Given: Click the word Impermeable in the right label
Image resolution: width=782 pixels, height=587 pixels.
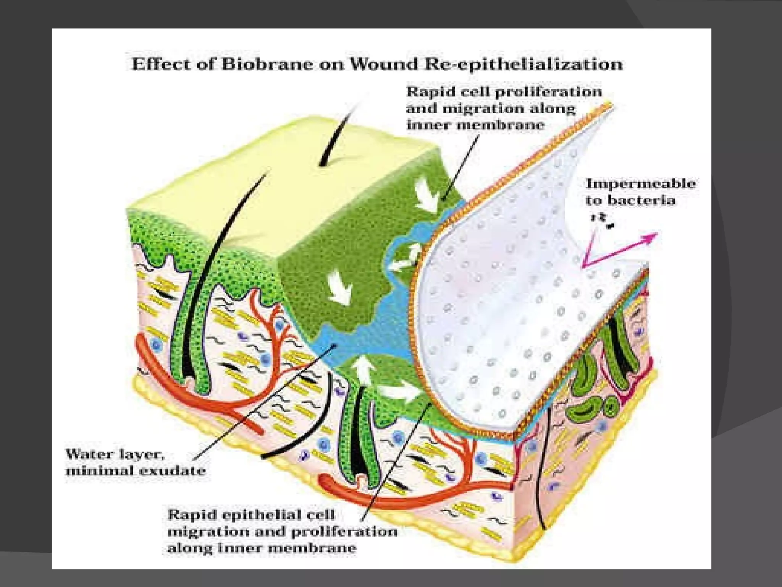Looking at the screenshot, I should pos(640,184).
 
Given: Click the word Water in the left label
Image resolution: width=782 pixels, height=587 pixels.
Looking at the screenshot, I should pos(88,454).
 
